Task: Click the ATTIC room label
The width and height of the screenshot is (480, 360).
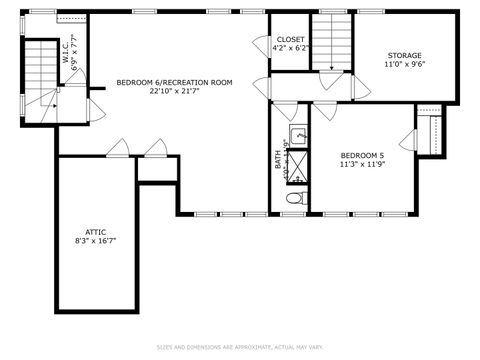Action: pyautogui.click(x=96, y=231)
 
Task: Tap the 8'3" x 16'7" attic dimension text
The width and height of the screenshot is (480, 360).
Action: pyautogui.click(x=96, y=241)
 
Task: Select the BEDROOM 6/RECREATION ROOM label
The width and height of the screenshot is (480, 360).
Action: pyautogui.click(x=174, y=82)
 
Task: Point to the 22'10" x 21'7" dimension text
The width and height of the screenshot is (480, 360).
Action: pyautogui.click(x=174, y=91)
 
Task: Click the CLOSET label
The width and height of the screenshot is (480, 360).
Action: pyautogui.click(x=291, y=39)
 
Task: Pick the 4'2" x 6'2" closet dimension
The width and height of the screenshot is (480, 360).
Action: pyautogui.click(x=291, y=48)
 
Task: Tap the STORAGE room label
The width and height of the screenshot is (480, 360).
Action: pyautogui.click(x=404, y=55)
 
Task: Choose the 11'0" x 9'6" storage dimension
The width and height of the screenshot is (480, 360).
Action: pyautogui.click(x=404, y=64)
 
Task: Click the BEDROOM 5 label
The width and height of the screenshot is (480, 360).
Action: pyautogui.click(x=362, y=155)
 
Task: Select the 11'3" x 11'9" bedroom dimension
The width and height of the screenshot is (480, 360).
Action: pyautogui.click(x=362, y=164)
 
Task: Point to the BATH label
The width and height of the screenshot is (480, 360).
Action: pyautogui.click(x=279, y=159)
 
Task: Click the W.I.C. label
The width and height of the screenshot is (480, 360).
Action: pyautogui.click(x=66, y=53)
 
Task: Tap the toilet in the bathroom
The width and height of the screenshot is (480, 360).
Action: pyautogui.click(x=293, y=200)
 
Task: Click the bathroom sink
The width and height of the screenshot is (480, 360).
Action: pyautogui.click(x=298, y=136)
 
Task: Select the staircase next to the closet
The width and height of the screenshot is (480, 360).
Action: pyautogui.click(x=329, y=41)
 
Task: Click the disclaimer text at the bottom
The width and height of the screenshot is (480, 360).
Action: pyautogui.click(x=240, y=347)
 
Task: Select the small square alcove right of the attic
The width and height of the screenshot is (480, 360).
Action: pyautogui.click(x=156, y=170)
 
